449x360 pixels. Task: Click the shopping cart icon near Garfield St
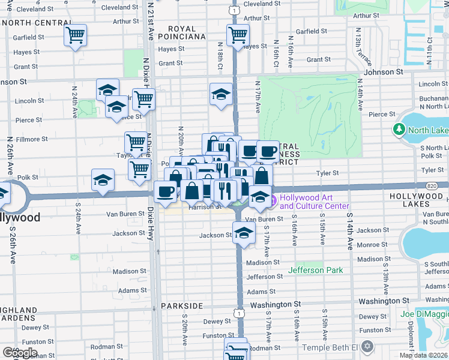point(75,35)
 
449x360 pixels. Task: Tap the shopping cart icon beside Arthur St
point(238,35)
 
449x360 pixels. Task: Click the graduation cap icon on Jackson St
point(243,234)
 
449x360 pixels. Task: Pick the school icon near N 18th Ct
point(221,94)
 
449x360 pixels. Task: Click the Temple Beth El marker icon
point(367,347)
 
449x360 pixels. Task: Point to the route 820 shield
point(433,186)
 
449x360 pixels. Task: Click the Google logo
point(19,352)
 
